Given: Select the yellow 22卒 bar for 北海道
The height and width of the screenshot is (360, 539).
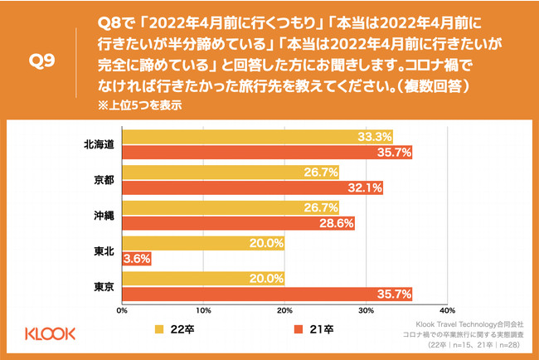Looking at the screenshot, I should tap(257, 137).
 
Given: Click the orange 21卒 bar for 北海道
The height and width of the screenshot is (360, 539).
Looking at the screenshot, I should tap(267, 153).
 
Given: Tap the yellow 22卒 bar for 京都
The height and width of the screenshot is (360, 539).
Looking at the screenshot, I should tap(231, 173).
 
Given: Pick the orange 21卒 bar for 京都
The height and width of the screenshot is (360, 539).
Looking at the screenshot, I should tap(252, 188).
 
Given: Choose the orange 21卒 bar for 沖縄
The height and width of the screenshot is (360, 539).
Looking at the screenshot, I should tap(238, 224).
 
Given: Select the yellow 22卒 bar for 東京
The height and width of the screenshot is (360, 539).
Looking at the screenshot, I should tap(203, 280).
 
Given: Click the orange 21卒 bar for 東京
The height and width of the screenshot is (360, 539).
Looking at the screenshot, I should tap(267, 295).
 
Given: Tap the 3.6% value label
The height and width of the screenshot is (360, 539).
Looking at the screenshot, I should tap(136, 260).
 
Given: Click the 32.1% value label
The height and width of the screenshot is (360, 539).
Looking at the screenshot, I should tap(367, 188).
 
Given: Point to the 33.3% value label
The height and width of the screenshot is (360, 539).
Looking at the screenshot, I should tap(376, 137).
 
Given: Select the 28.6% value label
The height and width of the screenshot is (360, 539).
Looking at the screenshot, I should tap(337, 224).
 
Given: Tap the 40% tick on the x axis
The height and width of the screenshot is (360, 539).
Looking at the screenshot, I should tap(448, 313).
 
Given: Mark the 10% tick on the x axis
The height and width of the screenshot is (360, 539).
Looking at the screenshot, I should tap(203, 313).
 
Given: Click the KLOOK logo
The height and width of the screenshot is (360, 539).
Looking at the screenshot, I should tap(51, 333).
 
